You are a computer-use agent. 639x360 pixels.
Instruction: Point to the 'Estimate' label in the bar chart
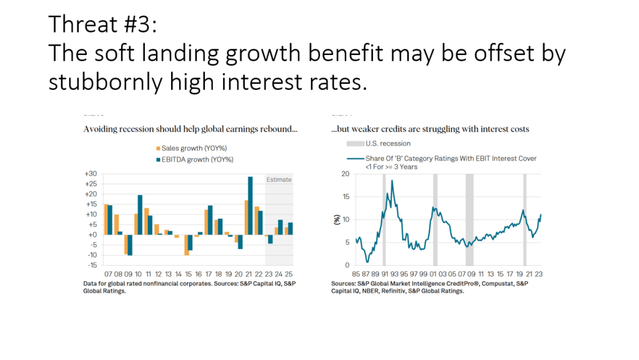[x=279, y=179]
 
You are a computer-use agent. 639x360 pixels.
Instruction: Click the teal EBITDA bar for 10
[x=140, y=214]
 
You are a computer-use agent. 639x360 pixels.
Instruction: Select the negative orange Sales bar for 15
[x=186, y=245]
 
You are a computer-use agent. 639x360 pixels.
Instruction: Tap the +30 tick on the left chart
[x=90, y=174]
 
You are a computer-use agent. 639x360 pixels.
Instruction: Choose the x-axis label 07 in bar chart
[x=107, y=274]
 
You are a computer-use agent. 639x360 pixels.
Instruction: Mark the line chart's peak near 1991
[x=392, y=181]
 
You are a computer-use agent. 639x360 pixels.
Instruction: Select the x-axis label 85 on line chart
[x=356, y=274]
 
